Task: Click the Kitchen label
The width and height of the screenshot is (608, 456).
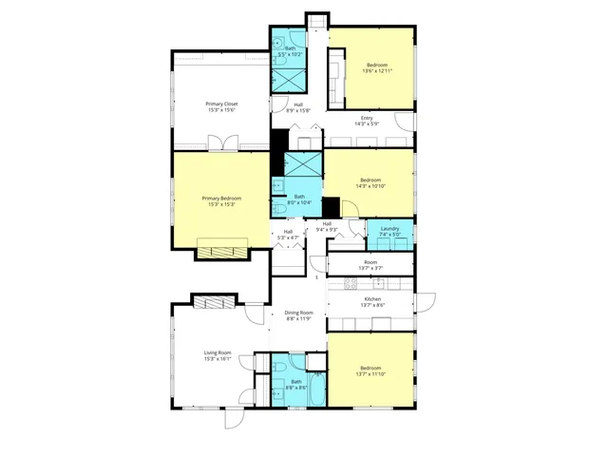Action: coord(371,299)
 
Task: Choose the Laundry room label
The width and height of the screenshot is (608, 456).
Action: coord(389,228)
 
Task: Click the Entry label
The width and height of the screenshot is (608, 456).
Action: coord(367,118)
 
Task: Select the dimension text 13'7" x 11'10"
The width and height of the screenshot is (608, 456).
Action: coord(370,374)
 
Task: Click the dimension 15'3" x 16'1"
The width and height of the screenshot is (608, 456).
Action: coord(218,359)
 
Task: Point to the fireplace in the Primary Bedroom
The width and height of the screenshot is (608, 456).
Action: coord(222,253)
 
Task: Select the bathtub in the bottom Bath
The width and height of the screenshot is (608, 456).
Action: coord(316,390)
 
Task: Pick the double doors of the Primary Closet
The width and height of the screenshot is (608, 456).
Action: coord(225,143)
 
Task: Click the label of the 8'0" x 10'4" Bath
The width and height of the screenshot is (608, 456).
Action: coord(298,198)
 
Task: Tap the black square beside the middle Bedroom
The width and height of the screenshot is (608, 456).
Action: coord(331,207)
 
